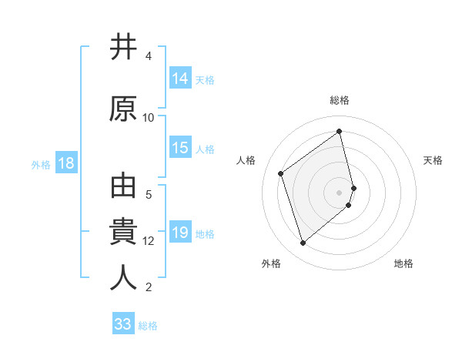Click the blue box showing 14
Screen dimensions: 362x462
point(180,78)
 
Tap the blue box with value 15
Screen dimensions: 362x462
point(180,148)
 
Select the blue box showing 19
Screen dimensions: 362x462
point(180,233)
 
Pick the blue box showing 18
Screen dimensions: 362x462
point(65,163)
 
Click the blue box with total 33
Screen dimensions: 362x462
point(123,324)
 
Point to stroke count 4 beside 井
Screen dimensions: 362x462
point(149,56)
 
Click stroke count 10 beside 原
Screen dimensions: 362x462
point(149,118)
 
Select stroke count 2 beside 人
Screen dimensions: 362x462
point(149,287)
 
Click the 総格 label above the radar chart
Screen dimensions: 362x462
point(340,100)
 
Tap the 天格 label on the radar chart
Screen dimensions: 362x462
point(433,160)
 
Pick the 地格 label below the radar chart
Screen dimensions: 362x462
point(403,263)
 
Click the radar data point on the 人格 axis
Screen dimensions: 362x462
point(281,173)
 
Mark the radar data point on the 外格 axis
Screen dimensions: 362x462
point(303,243)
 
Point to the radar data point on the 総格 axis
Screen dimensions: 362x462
point(340,132)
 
